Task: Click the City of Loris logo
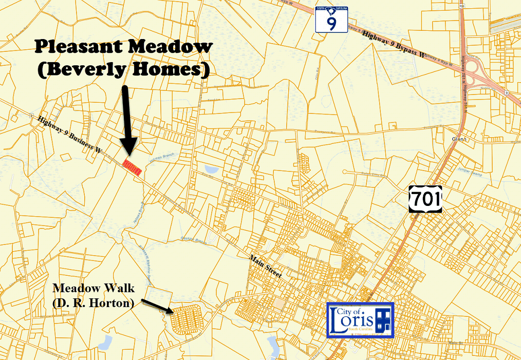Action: pyautogui.click(x=360, y=320)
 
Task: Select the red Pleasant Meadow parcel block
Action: pyautogui.click(x=133, y=167)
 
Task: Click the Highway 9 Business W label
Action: pyautogui.click(x=70, y=135)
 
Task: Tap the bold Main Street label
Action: pyautogui.click(x=266, y=267)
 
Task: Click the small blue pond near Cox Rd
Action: pyautogui.click(x=211, y=169)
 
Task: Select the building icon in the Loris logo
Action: pyautogui.click(x=383, y=320)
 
